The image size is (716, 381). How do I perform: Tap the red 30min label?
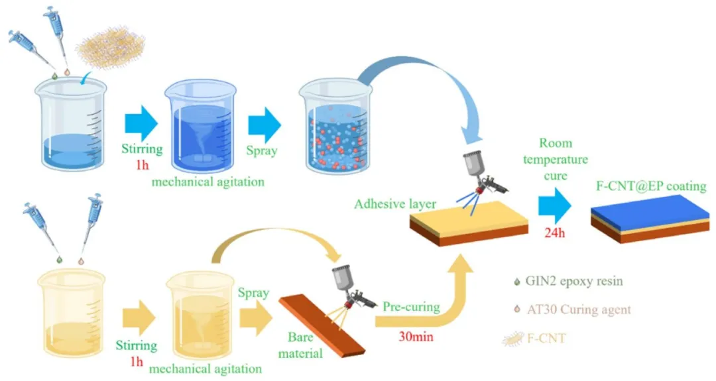coord(416,337)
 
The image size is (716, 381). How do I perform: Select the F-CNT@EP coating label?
coord(649,186)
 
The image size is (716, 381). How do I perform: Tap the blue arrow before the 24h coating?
coord(556,205)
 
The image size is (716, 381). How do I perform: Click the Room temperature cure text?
coord(556,158)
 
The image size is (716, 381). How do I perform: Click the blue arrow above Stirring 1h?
coord(141,123)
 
